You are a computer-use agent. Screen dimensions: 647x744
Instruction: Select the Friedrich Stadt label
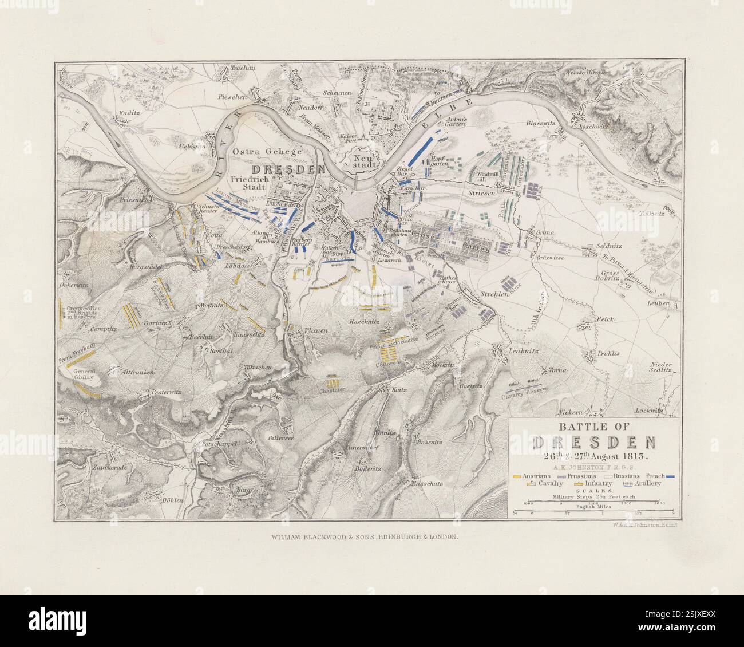[x=248, y=183]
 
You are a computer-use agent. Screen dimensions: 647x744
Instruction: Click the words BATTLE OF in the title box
[x=594, y=428]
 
